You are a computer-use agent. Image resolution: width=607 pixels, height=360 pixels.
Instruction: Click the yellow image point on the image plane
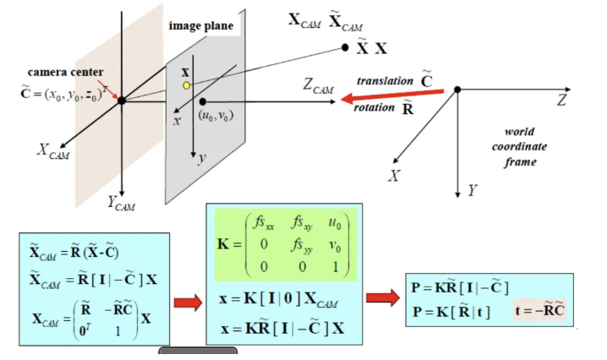pyautogui.click(x=186, y=85)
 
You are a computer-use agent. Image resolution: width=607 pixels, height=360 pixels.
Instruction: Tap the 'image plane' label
pyautogui.click(x=201, y=26)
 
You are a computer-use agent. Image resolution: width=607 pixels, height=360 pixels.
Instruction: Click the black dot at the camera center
pyautogui.click(x=122, y=100)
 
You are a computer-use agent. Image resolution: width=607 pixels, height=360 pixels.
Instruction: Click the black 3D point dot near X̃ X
pyautogui.click(x=345, y=47)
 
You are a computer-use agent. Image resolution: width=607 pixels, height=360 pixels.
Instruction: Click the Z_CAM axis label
pyautogui.click(x=317, y=85)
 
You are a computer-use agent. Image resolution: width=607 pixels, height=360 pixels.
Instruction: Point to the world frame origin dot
pyautogui.click(x=457, y=89)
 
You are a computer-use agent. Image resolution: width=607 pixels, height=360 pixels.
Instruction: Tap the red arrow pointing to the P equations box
pyautogui.click(x=382, y=297)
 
